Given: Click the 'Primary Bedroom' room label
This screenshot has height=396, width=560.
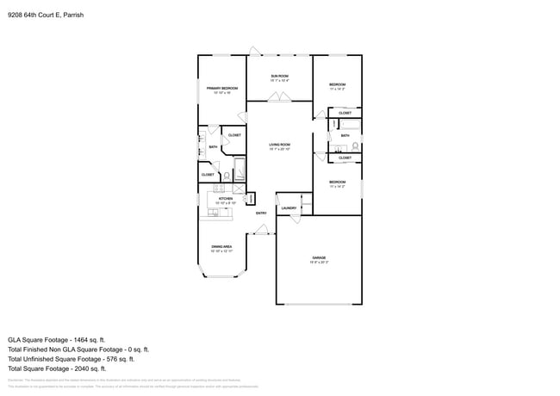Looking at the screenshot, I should pos(221,89).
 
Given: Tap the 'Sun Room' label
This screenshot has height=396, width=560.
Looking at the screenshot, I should pos(279,77).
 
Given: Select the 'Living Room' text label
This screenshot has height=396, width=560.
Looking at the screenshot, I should pos(279,145).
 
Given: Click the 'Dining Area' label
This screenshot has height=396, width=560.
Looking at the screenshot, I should pos(221,247).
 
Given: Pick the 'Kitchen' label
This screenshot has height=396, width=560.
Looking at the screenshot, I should pos(225,199).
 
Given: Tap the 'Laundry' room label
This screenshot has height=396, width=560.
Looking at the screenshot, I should pos(289,207).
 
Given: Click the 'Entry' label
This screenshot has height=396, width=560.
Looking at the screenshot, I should pos(260,213).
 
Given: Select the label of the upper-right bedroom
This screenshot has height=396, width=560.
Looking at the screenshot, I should pos(337,84).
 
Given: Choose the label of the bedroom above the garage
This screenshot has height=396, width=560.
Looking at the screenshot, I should pos(337,183).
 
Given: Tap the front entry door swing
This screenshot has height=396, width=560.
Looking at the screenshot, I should pos(262,230).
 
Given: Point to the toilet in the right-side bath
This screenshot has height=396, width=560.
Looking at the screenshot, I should pos(355,146).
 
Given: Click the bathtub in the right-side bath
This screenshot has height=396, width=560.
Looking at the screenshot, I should pos(345,126).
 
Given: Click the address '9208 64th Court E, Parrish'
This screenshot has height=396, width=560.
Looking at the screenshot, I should pos(44,15).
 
